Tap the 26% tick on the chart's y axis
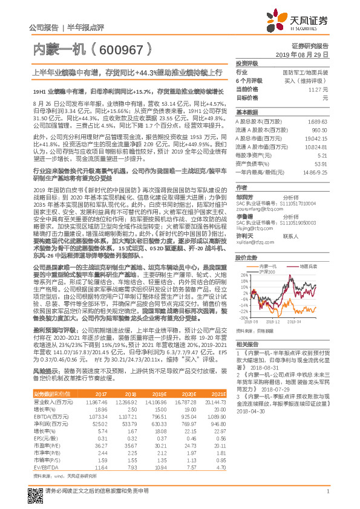point(241,258)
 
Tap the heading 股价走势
point(246,240)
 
